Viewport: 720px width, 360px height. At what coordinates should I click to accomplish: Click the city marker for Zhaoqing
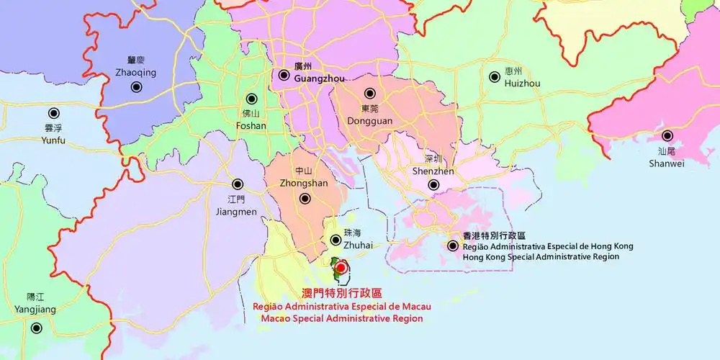coord(136,87)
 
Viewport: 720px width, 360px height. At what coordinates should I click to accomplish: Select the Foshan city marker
coord(251,99)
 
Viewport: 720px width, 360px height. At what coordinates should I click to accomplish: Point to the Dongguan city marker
coord(370,94)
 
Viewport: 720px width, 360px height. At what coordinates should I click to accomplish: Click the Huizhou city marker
coord(495,77)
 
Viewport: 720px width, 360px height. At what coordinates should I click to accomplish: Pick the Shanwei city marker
coord(667,135)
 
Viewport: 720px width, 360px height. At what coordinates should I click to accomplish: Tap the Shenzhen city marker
coord(433,185)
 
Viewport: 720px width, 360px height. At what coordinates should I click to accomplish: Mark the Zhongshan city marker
coord(305,198)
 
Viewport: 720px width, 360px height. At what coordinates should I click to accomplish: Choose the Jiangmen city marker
coord(237,184)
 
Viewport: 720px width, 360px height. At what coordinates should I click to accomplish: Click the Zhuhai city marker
coord(336,240)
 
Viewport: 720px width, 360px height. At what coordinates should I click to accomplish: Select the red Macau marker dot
coord(341,268)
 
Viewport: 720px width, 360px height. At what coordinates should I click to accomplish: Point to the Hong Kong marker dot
coord(453,246)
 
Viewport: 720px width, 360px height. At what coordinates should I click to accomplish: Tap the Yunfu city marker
coord(53,113)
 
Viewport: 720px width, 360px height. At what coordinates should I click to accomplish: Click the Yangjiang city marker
coord(35,328)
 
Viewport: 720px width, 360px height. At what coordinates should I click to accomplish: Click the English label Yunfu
coord(53,140)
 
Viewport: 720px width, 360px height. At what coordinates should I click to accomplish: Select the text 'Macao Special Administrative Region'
coord(342,318)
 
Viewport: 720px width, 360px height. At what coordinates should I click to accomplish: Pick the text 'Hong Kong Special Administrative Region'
coord(540,256)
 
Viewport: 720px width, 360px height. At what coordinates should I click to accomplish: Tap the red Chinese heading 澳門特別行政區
coord(341,293)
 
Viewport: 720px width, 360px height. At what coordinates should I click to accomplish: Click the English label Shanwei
coord(666,163)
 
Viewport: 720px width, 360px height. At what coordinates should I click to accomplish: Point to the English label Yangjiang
coord(35,310)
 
